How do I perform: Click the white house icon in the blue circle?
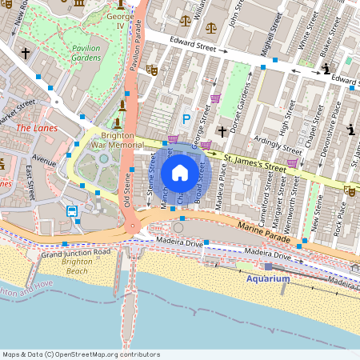[180, 172]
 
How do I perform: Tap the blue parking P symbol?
[186, 119]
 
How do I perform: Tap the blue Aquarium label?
[268, 278]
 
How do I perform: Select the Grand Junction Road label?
[72, 254]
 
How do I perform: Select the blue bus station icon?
[72, 212]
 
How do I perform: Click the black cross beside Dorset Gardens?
[222, 130]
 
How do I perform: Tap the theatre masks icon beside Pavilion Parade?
[151, 70]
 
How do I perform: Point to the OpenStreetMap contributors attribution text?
[80, 354]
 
